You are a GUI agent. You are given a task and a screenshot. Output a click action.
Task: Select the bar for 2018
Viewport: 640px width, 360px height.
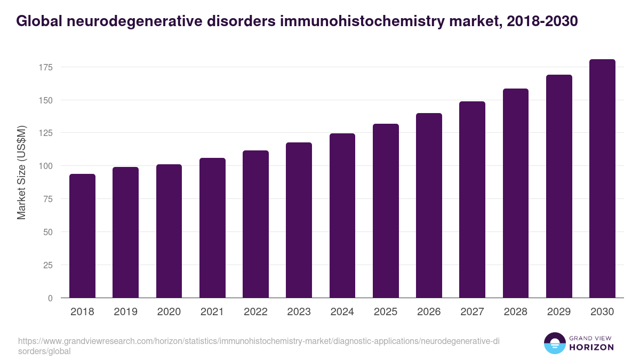pos(82,236)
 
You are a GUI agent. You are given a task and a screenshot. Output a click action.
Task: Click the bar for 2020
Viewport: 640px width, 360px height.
pos(169,231)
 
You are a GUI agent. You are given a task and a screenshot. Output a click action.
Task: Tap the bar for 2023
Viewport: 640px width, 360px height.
pos(299,220)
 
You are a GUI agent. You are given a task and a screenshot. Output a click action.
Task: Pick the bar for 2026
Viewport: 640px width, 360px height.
pos(429,205)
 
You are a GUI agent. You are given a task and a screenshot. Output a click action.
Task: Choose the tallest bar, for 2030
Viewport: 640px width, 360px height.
pos(602,179)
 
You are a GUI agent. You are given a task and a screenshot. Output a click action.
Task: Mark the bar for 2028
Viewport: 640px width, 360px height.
pos(515,193)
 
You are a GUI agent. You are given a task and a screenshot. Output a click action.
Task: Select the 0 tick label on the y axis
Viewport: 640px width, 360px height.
pos(50,298)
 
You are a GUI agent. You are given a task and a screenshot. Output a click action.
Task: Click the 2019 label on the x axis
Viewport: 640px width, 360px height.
pos(125,312)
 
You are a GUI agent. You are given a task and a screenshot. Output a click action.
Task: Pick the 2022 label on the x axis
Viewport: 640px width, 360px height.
pos(255,312)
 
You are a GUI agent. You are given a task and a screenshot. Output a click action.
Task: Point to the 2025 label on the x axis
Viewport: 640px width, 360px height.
pos(386,312)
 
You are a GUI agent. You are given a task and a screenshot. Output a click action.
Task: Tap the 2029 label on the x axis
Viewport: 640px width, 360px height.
pos(559,312)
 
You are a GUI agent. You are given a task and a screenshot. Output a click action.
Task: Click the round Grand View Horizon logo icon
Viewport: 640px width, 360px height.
pos(555,343)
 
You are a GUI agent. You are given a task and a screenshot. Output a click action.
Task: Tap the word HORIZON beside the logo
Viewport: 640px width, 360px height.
pos(592,347)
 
